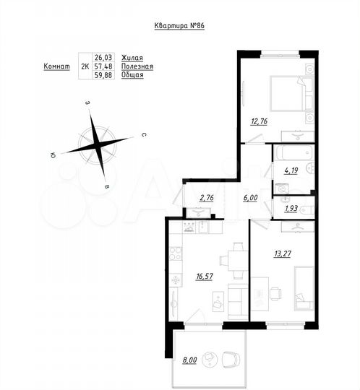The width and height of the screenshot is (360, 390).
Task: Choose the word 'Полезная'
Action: [137, 66]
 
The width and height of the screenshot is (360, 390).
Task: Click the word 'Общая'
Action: [133, 74]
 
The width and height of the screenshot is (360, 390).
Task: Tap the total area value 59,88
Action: [106, 74]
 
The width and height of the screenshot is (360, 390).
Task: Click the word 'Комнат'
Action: [56, 66]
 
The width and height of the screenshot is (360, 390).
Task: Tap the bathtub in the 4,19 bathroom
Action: [292, 154]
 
